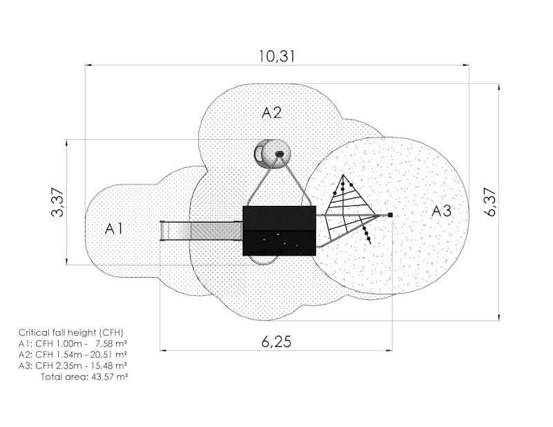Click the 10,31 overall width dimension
(277, 56)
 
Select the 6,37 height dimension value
(490, 202)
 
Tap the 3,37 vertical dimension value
(57, 202)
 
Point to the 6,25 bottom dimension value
(276, 341)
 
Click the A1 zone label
(113, 229)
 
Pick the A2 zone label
(272, 113)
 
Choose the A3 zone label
(441, 211)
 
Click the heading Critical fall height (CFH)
(71, 332)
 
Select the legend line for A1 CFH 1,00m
(73, 343)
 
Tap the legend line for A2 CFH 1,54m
(73, 354)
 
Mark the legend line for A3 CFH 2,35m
(73, 366)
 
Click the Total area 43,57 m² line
(84, 377)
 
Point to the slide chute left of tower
(201, 231)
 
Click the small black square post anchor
(390, 215)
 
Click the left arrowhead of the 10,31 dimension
(88, 65)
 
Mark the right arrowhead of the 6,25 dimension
(389, 351)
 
